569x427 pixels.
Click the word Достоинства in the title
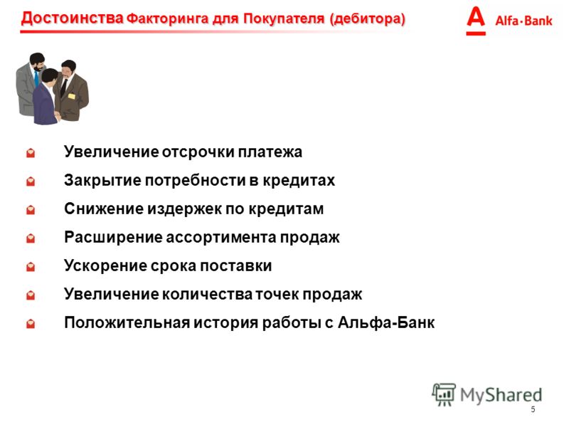(x=73, y=19)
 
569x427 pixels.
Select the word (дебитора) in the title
(x=367, y=19)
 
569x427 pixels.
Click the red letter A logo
(x=476, y=21)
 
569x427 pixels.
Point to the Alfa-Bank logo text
(x=523, y=21)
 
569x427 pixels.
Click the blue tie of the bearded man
(x=36, y=79)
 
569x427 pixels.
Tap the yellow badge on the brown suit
(x=72, y=96)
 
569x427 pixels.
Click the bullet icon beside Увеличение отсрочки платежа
(x=31, y=152)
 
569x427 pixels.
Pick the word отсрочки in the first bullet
(x=198, y=152)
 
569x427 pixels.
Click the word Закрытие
(x=102, y=181)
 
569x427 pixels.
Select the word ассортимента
(x=223, y=238)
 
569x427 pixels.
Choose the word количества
(x=207, y=294)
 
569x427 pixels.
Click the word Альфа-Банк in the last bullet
(x=386, y=322)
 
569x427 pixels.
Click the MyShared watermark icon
(x=444, y=394)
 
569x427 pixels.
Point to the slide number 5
(x=533, y=410)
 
